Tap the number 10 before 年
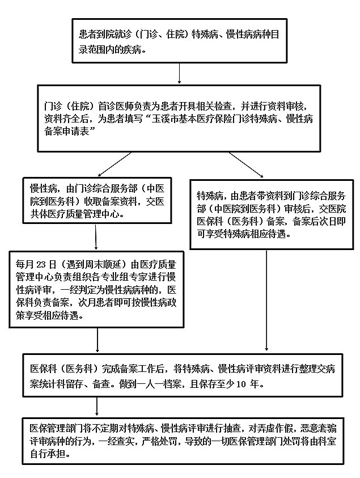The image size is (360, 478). tap(241, 384)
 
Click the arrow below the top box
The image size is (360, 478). tap(180, 74)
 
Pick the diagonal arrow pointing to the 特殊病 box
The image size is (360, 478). tap(246, 164)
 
